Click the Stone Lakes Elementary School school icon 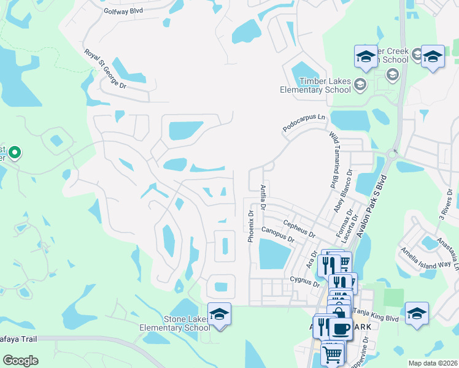pos(219,314)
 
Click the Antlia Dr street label pos(263,198)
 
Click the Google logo pos(20,361)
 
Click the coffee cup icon pos(341,328)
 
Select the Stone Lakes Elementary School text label pos(187,323)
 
